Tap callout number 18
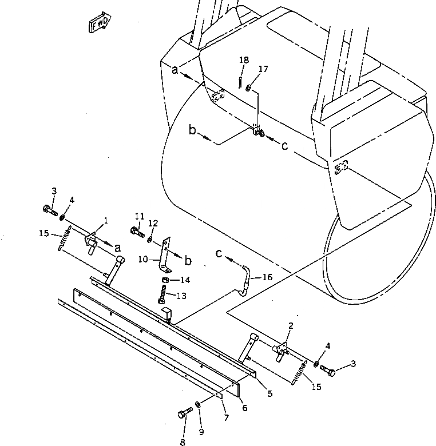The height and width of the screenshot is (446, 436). point(244,59)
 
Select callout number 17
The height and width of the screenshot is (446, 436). point(263,69)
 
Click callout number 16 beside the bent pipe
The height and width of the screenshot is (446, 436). point(267,277)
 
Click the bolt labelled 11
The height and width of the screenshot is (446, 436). point(137,232)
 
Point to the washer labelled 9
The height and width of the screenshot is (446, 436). point(197,405)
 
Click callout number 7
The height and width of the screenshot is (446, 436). point(226,419)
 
